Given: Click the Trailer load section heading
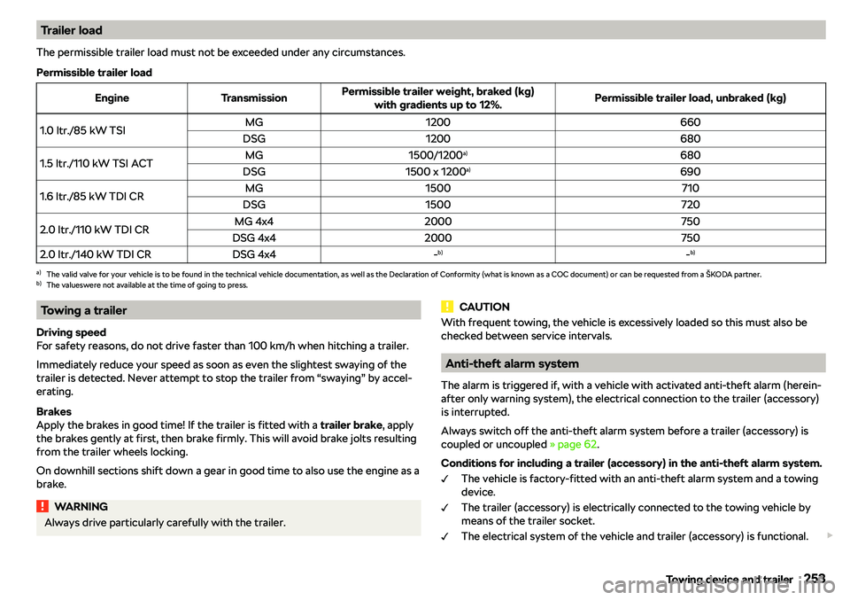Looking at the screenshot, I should coord(71,30).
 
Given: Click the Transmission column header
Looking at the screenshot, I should coord(253,97).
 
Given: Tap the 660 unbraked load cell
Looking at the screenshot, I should coord(691,122).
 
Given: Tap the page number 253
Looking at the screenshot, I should coord(814,580).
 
